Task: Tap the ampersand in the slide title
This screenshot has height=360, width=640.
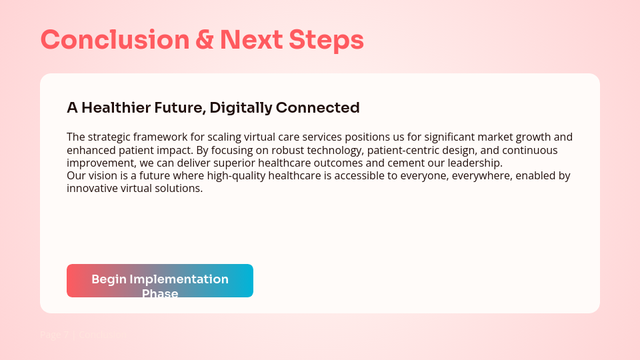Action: coord(205,40)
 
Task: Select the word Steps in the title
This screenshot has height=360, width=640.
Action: coord(326,40)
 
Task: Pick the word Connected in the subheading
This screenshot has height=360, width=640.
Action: coord(318,108)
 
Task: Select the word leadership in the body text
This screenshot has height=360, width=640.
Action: coord(475,163)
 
